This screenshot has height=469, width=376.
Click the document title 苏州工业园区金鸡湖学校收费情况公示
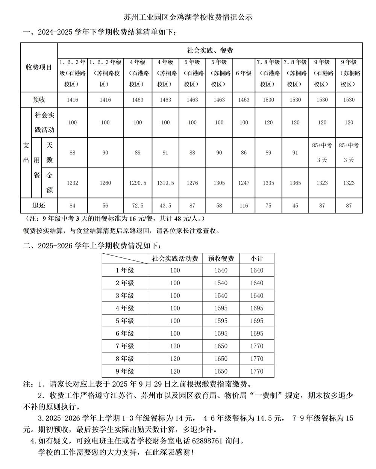coord(188,17)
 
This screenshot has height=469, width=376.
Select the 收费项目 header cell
coord(39,67)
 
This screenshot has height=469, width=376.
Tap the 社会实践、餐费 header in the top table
coord(210,50)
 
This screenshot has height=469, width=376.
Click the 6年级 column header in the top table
coord(244,73)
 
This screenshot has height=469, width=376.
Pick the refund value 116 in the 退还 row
coord(244,206)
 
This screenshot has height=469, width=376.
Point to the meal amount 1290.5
coord(138,183)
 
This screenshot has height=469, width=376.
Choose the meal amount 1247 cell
coord(244,183)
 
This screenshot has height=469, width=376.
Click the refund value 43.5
coord(165,206)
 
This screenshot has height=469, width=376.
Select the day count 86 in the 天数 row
coord(244,153)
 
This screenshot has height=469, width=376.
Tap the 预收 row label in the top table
coord(39,100)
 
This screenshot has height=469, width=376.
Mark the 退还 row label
coord(39,206)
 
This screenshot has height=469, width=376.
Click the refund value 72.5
coord(138,206)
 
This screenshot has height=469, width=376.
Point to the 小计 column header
coord(257,259)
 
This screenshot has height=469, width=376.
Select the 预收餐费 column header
coord(221,259)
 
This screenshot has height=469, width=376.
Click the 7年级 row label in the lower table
coord(125,346)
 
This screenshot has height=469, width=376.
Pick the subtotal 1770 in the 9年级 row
coord(257,371)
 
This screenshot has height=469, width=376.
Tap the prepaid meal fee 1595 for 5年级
coord(221,321)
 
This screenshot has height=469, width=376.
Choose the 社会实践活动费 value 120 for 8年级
coord(175,359)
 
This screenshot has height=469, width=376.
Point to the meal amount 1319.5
coord(165,183)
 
